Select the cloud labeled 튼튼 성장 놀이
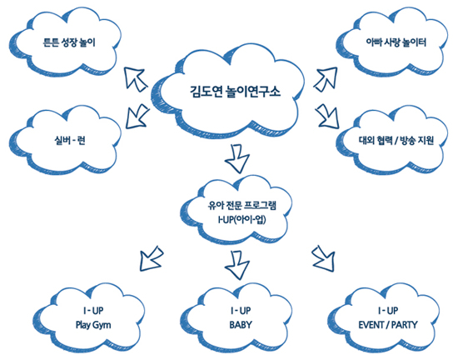[65, 44]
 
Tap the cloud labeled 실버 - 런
[65, 141]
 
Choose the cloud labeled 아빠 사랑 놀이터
[391, 44]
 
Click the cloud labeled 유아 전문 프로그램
[236, 211]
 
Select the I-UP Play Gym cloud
[89, 318]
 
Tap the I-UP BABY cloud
[236, 318]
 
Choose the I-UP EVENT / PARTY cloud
[384, 318]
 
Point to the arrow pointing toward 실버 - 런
[137, 117]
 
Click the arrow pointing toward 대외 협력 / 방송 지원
[327, 117]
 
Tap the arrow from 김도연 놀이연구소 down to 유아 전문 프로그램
[237, 158]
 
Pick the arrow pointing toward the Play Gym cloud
[151, 259]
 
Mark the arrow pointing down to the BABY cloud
[237, 265]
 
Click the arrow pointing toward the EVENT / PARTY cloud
[324, 259]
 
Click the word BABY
[241, 325]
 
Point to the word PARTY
[405, 325]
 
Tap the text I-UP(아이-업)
[241, 219]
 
